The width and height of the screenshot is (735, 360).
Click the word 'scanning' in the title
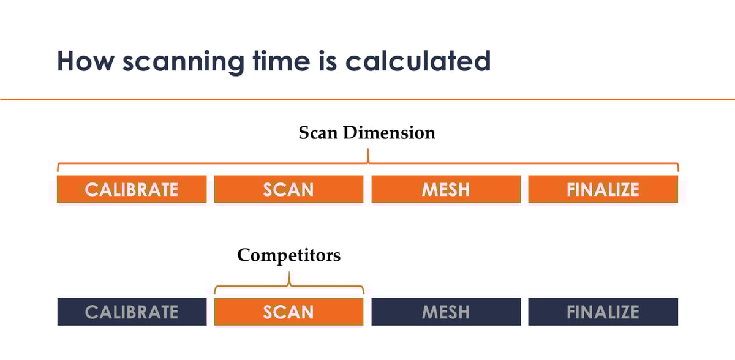183,62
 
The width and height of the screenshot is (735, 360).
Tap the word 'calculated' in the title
418,61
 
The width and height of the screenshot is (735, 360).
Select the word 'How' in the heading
86,61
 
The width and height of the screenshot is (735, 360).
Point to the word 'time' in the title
282,61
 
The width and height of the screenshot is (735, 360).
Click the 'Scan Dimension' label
367,133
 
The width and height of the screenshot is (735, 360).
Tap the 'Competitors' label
288,255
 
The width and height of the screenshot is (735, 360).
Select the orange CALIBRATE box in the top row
132,189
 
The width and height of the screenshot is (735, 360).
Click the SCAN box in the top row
288,189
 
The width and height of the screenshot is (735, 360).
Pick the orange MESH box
446,189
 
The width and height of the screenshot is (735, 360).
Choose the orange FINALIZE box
603,189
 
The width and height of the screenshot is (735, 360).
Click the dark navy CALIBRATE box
132,312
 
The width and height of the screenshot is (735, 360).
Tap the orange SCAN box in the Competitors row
288,312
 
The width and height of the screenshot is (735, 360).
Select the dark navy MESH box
446,312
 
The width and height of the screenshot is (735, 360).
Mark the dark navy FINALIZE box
603,312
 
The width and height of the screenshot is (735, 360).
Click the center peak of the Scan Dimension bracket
368,149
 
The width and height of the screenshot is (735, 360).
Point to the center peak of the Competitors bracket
289,272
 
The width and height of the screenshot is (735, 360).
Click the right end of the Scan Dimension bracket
678,171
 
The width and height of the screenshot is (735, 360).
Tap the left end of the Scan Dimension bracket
58,171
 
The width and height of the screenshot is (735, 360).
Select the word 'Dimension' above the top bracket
389,133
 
